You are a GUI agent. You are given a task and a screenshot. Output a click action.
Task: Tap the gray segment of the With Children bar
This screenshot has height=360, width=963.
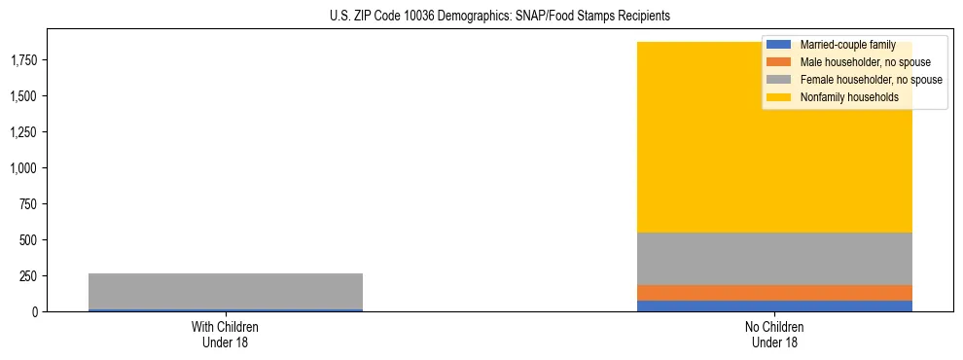point(226,291)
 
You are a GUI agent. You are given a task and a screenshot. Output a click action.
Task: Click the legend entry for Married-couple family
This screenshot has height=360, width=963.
point(847,45)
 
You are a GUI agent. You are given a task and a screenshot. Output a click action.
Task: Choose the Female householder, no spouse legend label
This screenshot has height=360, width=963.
point(871,80)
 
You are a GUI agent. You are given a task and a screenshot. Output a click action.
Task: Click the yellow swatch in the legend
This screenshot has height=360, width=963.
point(779,97)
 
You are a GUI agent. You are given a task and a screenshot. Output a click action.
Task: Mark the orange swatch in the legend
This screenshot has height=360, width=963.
point(779,62)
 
